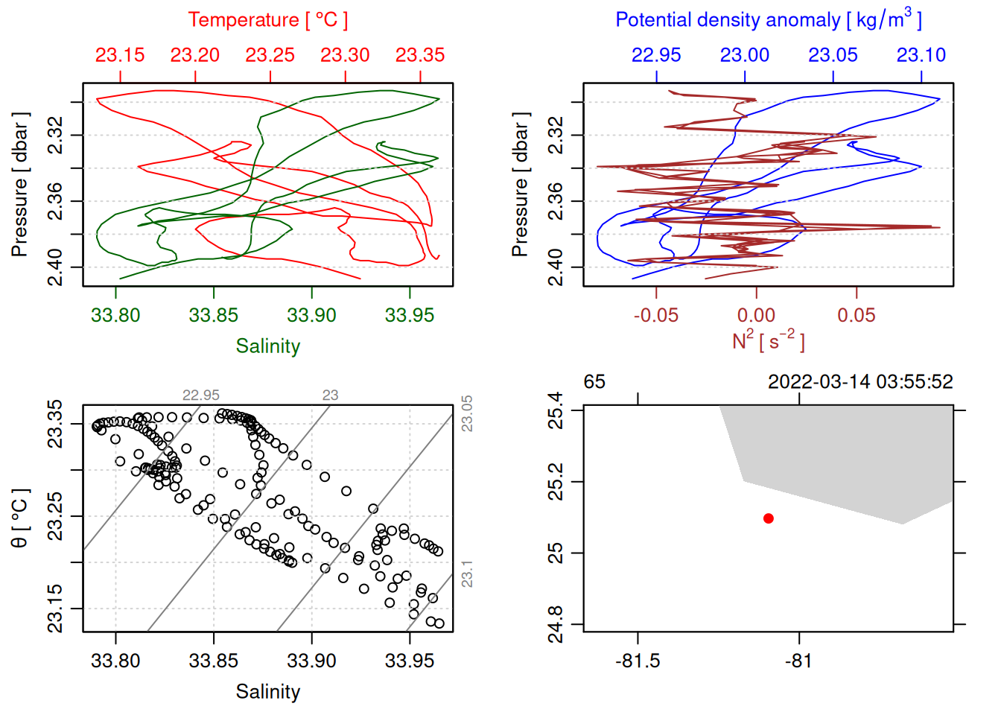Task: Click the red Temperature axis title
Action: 267,20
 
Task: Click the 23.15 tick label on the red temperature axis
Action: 120,55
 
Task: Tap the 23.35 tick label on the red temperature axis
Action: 420,55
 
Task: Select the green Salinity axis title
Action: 267,346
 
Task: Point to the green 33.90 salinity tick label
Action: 311,315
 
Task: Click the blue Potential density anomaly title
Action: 768,20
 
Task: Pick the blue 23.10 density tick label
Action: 921,55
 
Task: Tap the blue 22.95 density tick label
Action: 656,55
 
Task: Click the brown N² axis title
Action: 768,341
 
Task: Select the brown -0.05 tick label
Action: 655,315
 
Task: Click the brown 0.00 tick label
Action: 756,315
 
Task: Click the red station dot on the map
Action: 769,518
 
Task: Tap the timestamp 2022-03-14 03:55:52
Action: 860,382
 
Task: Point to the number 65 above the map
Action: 594,382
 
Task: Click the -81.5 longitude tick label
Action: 638,661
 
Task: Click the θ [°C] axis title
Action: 20,518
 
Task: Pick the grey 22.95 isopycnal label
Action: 201,395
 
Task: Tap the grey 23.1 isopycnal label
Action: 467,574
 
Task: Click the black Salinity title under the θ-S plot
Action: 267,692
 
